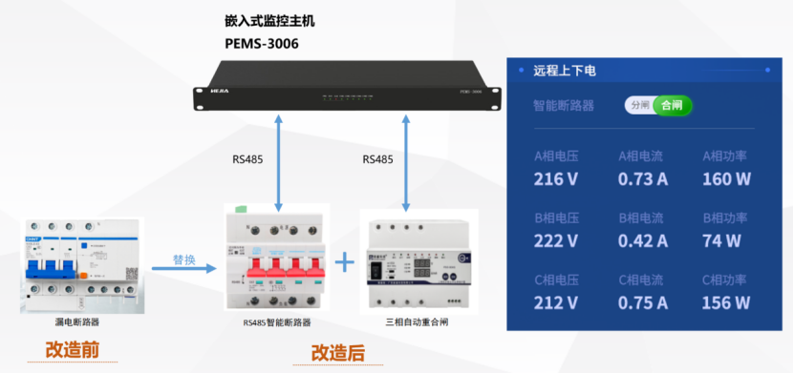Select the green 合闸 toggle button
tap(673, 105)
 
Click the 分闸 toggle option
tap(639, 105)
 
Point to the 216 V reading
tap(555, 178)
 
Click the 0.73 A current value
tap(642, 178)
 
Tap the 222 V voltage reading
tap(555, 240)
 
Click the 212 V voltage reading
tap(555, 302)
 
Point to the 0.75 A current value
tap(642, 302)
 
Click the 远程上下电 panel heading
tap(565, 70)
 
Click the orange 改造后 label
tap(337, 353)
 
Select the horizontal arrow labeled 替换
tap(183, 269)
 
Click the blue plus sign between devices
tap(345, 261)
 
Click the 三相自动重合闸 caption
tap(417, 322)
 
